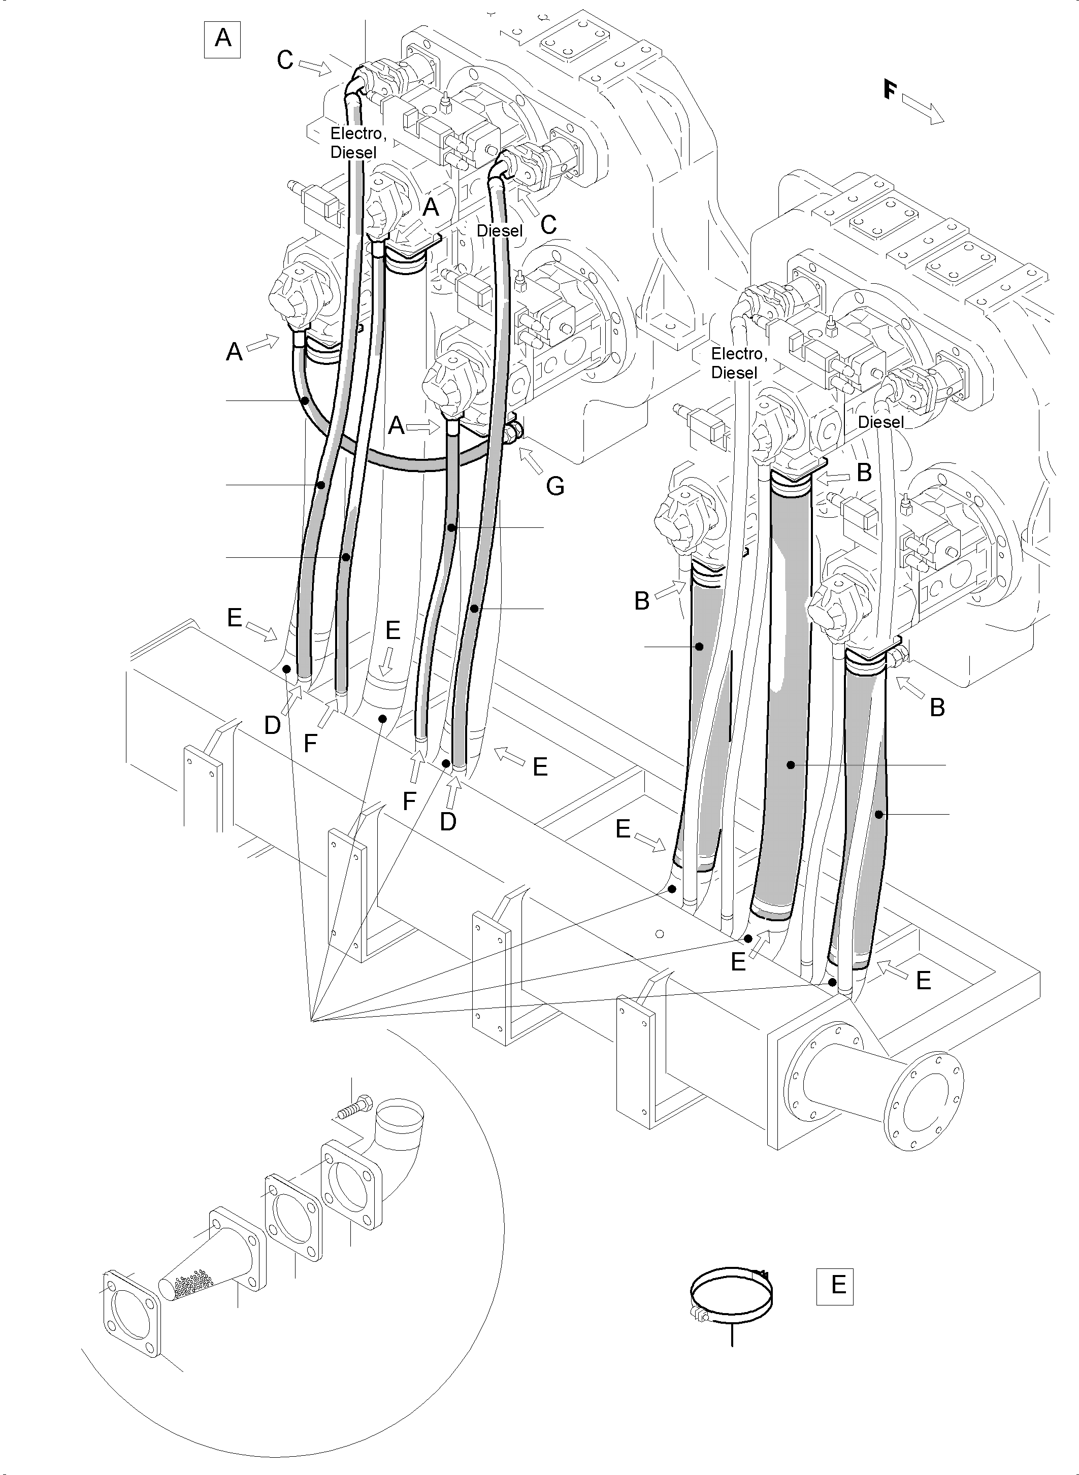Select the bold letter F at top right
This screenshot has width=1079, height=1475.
(889, 89)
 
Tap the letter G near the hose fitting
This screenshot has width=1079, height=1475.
(555, 486)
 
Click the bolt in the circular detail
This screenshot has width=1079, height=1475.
(353, 1109)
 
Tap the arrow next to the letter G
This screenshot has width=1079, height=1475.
(534, 463)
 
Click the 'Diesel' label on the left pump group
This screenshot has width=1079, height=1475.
(500, 231)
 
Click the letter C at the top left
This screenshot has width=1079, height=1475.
(285, 60)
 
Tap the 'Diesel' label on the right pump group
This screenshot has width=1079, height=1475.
(880, 422)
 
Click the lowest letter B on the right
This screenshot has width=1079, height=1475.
(937, 708)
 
